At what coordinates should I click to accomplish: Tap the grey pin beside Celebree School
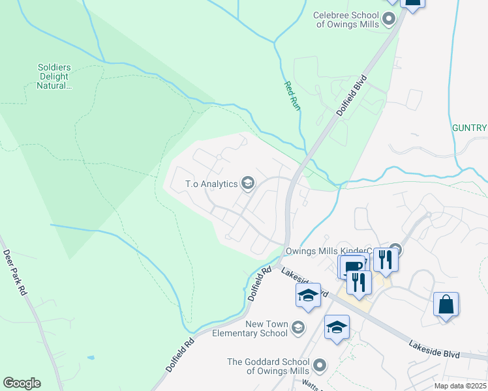pyautogui.click(x=389, y=19)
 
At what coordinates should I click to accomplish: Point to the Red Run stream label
pyautogui.click(x=292, y=95)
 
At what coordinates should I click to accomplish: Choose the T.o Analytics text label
pyautogui.click(x=211, y=184)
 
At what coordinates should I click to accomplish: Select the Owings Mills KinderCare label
pyautogui.click(x=328, y=250)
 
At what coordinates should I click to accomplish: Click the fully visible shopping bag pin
pyautogui.click(x=446, y=305)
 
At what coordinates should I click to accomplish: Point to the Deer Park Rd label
pyautogui.click(x=15, y=273)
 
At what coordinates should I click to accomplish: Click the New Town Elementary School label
pyautogui.click(x=266, y=328)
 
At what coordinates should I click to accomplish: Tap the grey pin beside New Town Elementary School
pyautogui.click(x=298, y=326)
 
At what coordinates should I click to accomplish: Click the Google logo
pyautogui.click(x=22, y=383)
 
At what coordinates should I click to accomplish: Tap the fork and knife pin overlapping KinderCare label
pyautogui.click(x=386, y=259)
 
